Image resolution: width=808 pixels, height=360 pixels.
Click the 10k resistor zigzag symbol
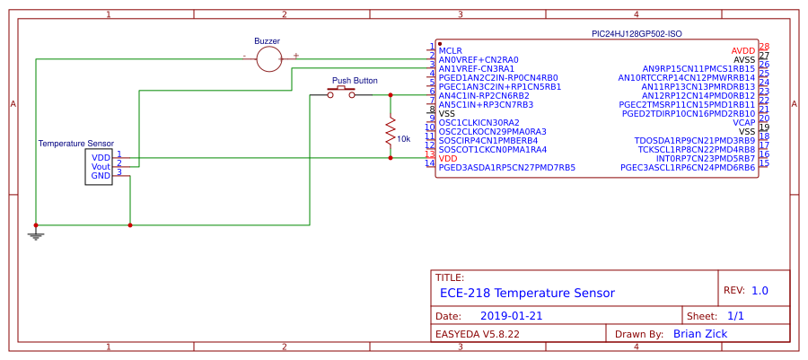[391, 133]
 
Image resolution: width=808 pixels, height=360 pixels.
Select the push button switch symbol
[341, 92]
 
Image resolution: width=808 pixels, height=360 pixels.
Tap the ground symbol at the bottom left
[36, 234]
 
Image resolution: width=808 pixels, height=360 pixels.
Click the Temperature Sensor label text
[75, 144]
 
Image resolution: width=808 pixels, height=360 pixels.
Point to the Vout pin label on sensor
[101, 166]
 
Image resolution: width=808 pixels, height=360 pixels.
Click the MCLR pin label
[451, 50]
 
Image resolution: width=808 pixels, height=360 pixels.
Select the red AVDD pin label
[742, 50]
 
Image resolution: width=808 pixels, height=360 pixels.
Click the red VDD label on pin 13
[448, 158]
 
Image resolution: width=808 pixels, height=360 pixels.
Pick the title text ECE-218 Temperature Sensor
[527, 293]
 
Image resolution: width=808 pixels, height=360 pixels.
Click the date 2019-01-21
[511, 316]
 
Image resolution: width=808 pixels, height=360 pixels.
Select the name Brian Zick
[699, 334]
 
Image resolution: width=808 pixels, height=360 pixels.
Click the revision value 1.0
[760, 291]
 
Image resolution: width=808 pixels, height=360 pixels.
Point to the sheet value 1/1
[735, 316]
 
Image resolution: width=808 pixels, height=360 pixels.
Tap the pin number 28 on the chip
[764, 47]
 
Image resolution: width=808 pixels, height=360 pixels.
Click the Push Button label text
[355, 80]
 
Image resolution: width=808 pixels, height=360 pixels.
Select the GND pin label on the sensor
[101, 175]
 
